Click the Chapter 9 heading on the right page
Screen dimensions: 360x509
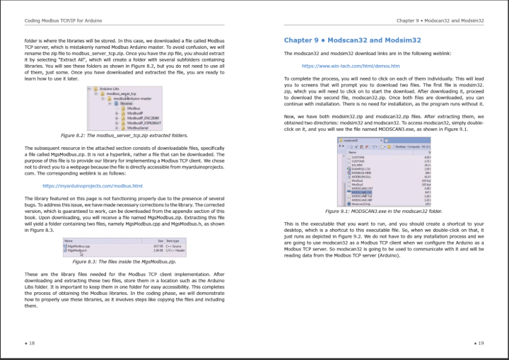coord(333,40)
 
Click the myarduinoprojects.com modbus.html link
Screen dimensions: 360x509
coord(92,186)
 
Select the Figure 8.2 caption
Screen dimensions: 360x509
coord(124,134)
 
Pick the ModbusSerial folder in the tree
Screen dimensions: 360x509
coord(139,127)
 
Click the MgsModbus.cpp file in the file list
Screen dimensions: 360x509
coord(77,246)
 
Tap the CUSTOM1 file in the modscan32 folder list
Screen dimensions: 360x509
coord(358,156)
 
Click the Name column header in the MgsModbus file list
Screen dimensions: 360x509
coord(68,241)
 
